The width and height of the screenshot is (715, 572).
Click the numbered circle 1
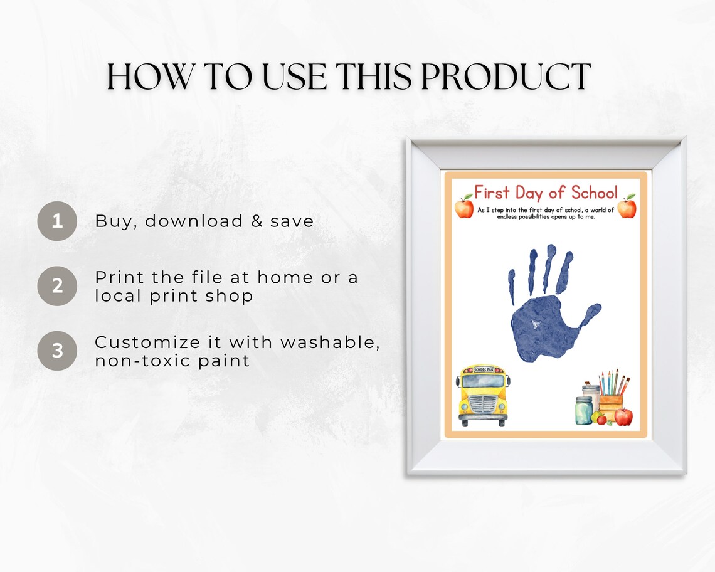[x=57, y=221]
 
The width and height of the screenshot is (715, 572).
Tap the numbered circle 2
[x=57, y=286]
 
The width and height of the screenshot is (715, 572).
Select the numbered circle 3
[x=57, y=351]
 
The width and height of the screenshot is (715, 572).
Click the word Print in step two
[x=119, y=277]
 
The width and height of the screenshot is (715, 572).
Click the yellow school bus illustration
[x=483, y=395]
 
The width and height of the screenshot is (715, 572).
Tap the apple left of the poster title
[x=464, y=206]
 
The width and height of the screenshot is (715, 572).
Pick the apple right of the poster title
[x=627, y=206]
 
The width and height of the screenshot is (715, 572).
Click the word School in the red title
[x=595, y=192]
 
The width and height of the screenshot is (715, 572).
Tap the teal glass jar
[x=583, y=411]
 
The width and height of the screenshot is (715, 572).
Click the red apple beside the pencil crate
[x=623, y=416]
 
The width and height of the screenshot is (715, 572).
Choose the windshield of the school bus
[x=483, y=381]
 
